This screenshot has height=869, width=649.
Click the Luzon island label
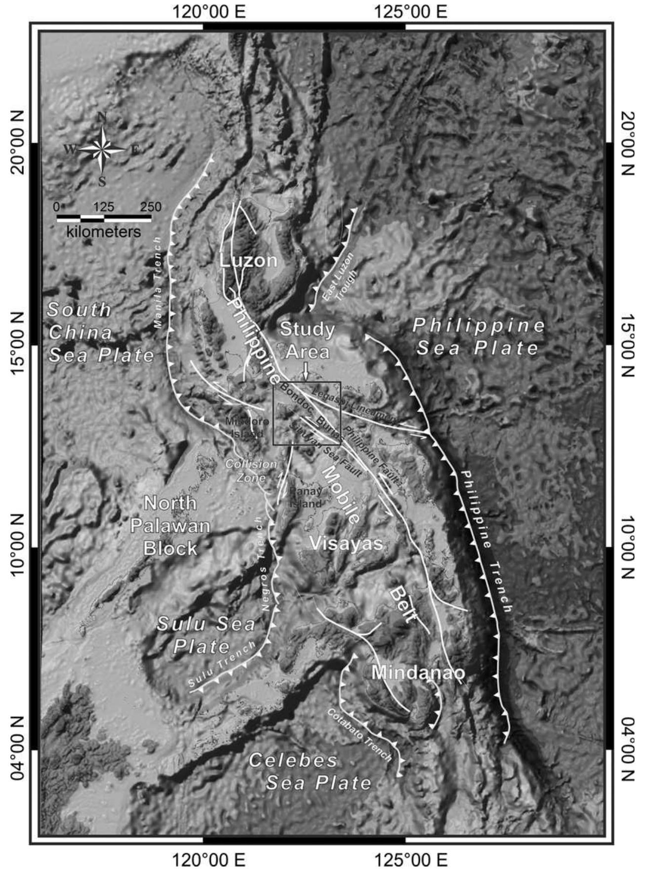click(248, 260)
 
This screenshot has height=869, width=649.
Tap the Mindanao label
click(418, 672)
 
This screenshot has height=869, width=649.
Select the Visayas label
click(346, 543)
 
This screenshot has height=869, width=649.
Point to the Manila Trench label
click(158, 282)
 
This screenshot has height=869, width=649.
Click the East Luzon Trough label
click(340, 278)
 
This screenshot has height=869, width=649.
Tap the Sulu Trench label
click(222, 664)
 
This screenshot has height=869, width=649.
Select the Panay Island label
click(305, 497)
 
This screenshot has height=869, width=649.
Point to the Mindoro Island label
click(247, 428)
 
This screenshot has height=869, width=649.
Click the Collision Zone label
click(251, 471)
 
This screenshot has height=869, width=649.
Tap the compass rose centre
click(102, 148)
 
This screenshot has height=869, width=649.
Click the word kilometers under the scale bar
click(103, 232)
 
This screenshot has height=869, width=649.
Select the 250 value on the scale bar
click(150, 207)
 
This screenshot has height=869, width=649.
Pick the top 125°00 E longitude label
click(411, 11)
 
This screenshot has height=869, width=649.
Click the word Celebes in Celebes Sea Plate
click(293, 760)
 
